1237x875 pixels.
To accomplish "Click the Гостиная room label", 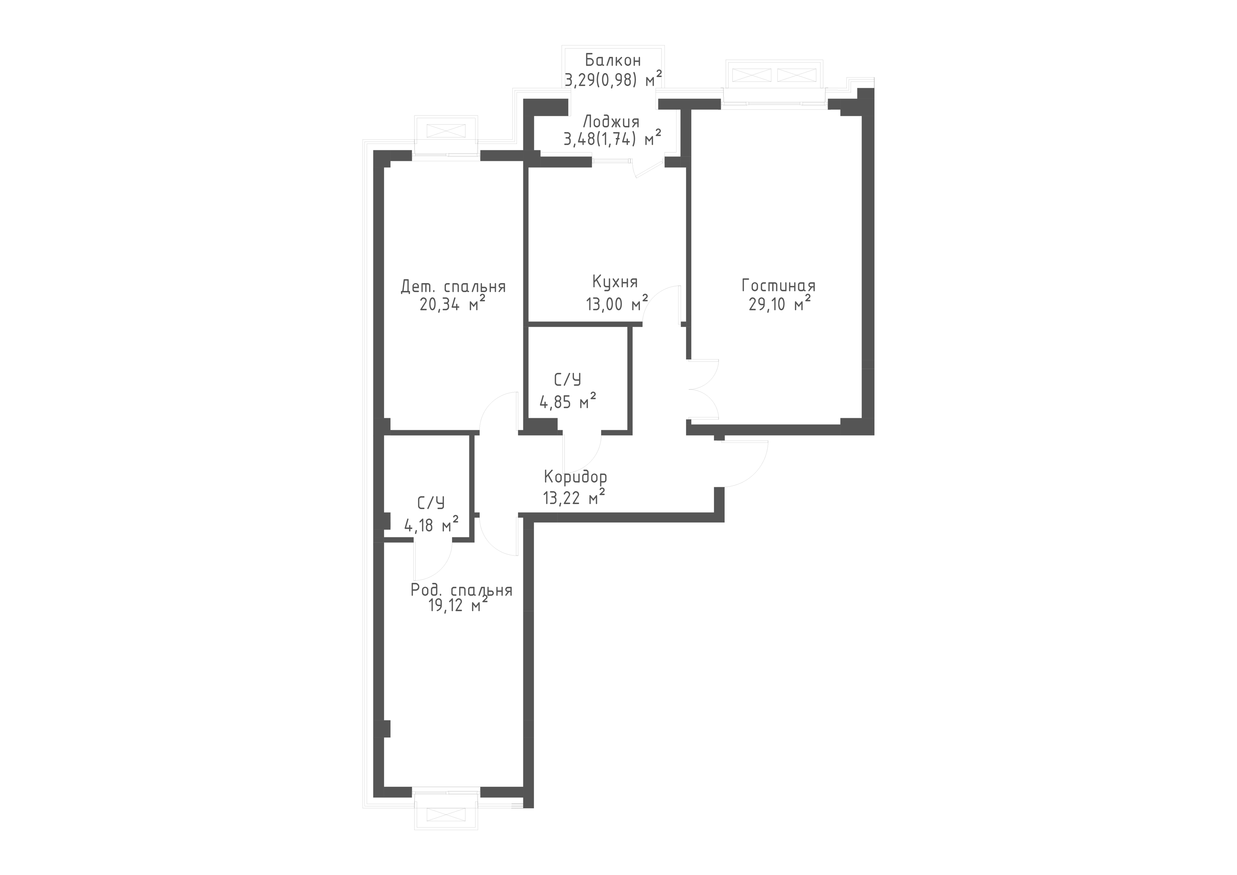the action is (778, 286).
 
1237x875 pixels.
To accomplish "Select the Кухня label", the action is (615, 282).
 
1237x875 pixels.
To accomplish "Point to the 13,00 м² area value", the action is (617, 303).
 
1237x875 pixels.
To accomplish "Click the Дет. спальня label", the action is (453, 286).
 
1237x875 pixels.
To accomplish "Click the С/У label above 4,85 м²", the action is (568, 380).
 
